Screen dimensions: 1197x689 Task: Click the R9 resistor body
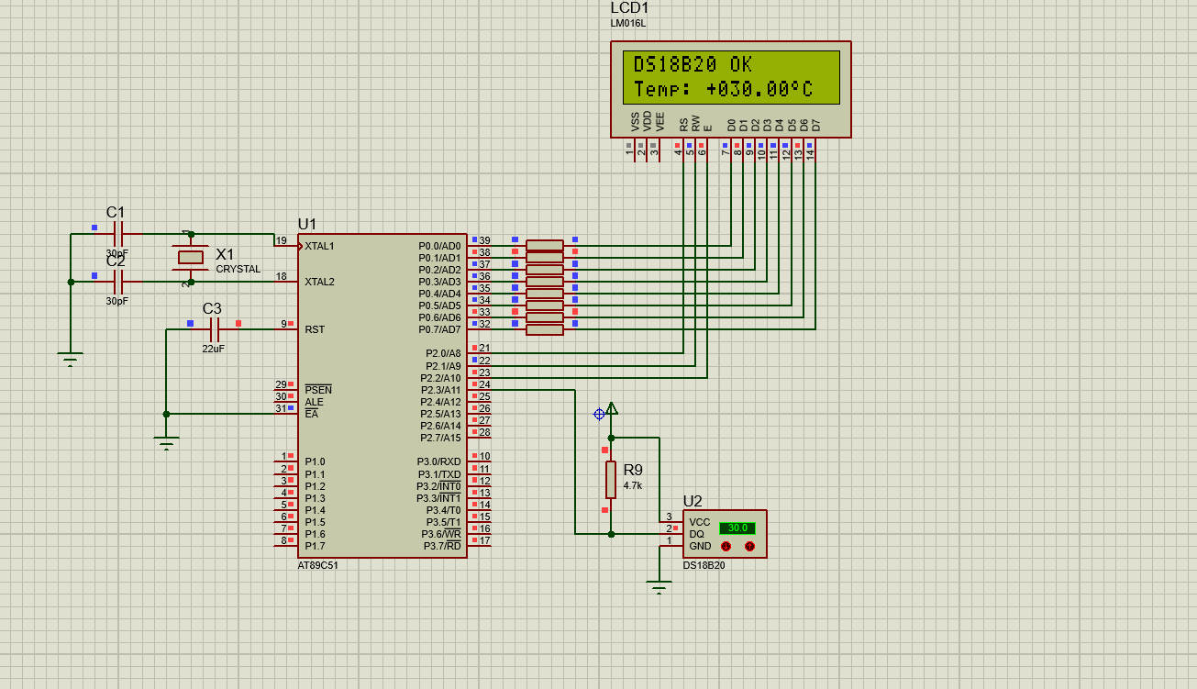(611, 480)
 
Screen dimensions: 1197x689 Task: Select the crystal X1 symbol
(190, 258)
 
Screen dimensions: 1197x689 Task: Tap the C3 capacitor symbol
(215, 329)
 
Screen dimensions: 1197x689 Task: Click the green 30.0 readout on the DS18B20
(737, 528)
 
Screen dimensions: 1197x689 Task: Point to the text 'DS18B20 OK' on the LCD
(693, 64)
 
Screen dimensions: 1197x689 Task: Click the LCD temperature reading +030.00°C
(759, 89)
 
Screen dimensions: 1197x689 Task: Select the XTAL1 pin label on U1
(319, 247)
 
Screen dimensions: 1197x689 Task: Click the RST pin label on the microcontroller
(315, 329)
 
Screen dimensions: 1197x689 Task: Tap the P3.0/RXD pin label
(438, 461)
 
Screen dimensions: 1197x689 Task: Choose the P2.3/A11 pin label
(440, 390)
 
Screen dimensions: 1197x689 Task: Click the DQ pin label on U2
(696, 535)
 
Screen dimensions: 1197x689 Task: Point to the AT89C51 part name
(317, 565)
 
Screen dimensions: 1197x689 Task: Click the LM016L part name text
(628, 24)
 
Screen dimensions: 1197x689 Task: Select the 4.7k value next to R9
(633, 486)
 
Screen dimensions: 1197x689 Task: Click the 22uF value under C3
(213, 349)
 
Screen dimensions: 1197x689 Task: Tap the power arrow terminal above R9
(612, 409)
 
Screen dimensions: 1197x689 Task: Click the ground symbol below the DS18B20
(659, 586)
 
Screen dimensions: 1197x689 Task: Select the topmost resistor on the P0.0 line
(545, 245)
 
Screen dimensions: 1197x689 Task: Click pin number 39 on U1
(484, 240)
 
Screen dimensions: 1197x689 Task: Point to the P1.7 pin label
(315, 546)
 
